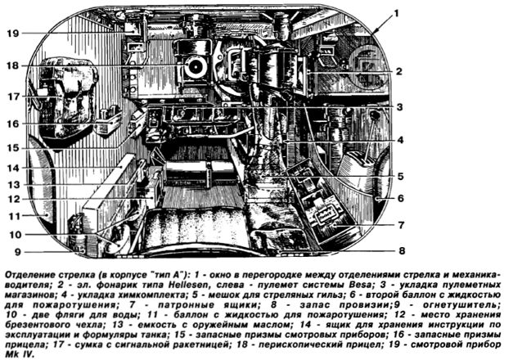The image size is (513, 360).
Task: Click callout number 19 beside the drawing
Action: (13, 34)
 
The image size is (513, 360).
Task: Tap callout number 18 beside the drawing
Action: (13, 65)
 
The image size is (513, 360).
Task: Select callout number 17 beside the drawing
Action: (13, 97)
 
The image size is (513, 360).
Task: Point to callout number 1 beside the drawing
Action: (396, 14)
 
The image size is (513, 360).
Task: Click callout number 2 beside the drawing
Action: (398, 71)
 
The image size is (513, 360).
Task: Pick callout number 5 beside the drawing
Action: (400, 177)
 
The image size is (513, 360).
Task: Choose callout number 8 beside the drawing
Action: (402, 250)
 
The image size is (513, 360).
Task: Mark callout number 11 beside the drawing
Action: (14, 216)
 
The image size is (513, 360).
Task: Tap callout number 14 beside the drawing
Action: (13, 169)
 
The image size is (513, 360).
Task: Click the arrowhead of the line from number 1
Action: (374, 33)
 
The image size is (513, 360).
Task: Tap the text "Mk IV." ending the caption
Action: (20, 355)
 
